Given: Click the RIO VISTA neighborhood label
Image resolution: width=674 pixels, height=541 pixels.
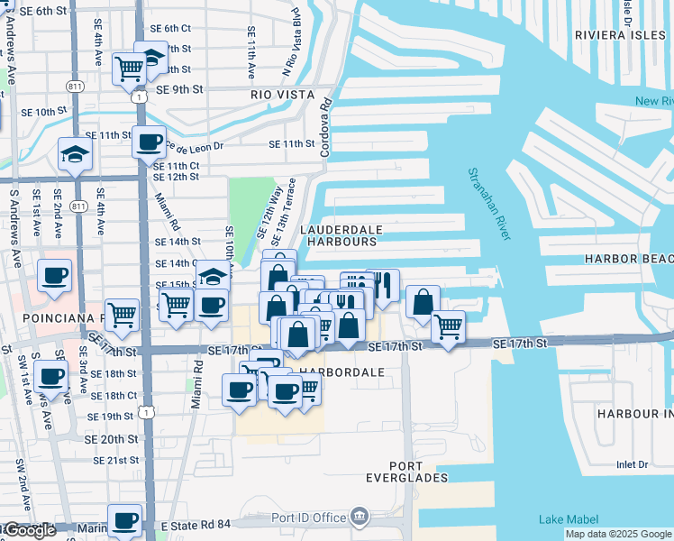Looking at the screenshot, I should point(282,95).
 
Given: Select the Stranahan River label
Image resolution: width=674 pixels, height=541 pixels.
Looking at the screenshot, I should point(488,204).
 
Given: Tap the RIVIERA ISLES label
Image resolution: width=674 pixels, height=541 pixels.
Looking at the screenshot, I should point(620,36).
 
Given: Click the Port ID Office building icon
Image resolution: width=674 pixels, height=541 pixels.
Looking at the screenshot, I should point(360,517).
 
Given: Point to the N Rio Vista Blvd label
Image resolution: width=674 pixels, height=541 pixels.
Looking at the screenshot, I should point(290,54).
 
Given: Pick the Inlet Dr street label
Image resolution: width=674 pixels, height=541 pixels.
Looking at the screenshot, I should point(632,465).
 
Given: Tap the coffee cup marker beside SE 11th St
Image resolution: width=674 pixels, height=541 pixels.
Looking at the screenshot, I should point(149,142).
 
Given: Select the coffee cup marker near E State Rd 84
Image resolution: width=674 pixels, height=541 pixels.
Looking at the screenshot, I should point(124,520).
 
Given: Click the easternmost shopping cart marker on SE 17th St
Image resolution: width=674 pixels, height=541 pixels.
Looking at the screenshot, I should point(448,326).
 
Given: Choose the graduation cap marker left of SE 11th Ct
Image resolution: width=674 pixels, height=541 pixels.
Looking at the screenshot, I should point(75,154).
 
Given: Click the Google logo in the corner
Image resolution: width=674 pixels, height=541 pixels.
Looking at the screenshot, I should point(29,531).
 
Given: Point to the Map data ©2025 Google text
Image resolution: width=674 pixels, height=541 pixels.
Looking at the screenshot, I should point(618,534).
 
